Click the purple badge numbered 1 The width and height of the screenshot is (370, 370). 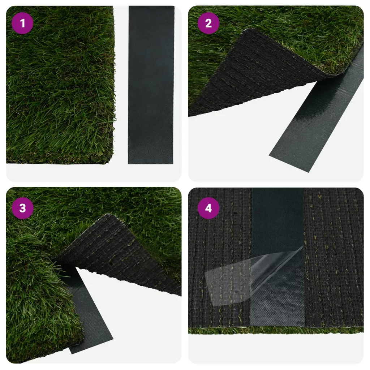pos(22,23)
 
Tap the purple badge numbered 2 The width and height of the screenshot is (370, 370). pos(208,23)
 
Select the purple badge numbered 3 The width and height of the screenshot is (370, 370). pos(22,208)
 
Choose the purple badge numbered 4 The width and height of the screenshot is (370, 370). pos(208,208)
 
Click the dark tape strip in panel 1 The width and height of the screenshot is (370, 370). pos(151,85)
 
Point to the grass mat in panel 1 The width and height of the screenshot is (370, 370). pos(60,85)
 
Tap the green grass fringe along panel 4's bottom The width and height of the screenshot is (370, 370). pos(276,330)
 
